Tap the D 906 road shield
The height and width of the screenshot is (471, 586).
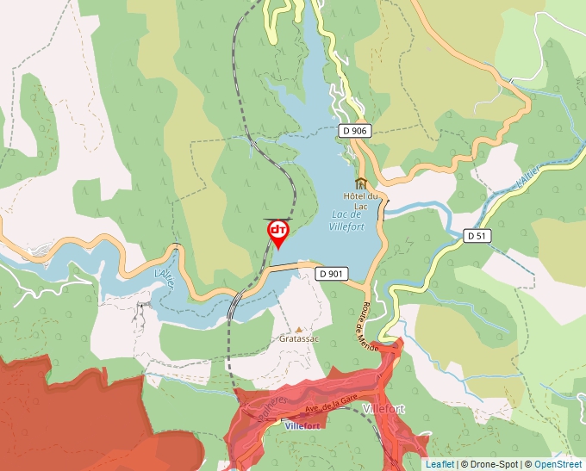[x=353, y=131]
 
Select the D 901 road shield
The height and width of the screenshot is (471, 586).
[x=331, y=274]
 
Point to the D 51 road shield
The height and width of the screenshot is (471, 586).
[x=477, y=235]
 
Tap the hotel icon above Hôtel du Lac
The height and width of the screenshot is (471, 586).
[x=361, y=183]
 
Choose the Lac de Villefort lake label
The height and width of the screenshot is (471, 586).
[x=348, y=220]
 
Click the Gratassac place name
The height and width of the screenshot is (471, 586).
[x=299, y=339]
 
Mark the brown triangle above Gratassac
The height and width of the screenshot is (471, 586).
[x=299, y=329]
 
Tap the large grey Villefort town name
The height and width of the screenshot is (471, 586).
[x=384, y=408]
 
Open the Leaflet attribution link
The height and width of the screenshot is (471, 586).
[x=439, y=464]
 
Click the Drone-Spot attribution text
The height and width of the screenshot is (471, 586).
[x=489, y=464]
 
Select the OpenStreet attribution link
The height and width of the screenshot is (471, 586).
[x=558, y=464]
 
